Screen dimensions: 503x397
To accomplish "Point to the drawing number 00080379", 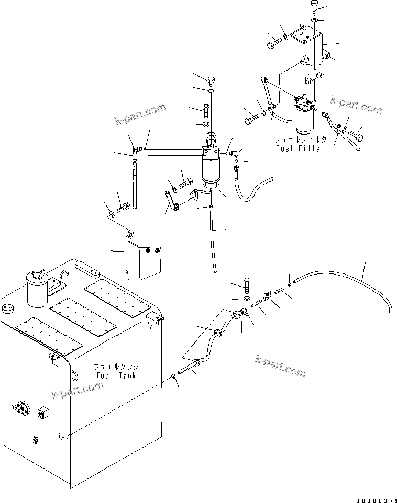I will (x=375, y=497).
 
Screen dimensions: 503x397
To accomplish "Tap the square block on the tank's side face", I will (x=43, y=414).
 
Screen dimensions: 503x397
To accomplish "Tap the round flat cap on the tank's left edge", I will (x=7, y=308).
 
